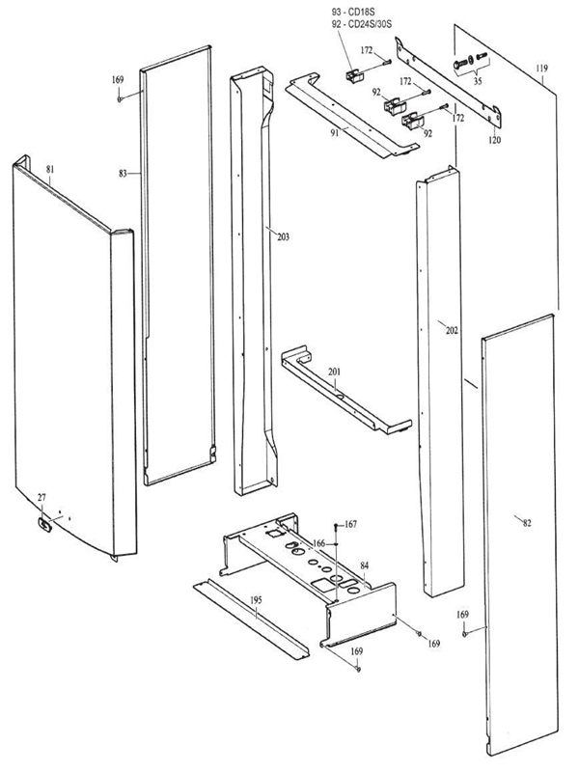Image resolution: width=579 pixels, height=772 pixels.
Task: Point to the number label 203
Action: click(283, 236)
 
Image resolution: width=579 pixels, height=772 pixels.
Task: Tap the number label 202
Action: click(452, 330)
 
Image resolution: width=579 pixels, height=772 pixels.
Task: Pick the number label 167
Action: click(350, 524)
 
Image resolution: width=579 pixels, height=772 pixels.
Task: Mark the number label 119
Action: click(542, 69)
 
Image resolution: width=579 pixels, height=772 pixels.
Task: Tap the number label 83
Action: click(124, 174)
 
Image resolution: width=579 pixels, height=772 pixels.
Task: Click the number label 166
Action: click(317, 543)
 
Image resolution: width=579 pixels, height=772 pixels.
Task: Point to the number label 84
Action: click(365, 565)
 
